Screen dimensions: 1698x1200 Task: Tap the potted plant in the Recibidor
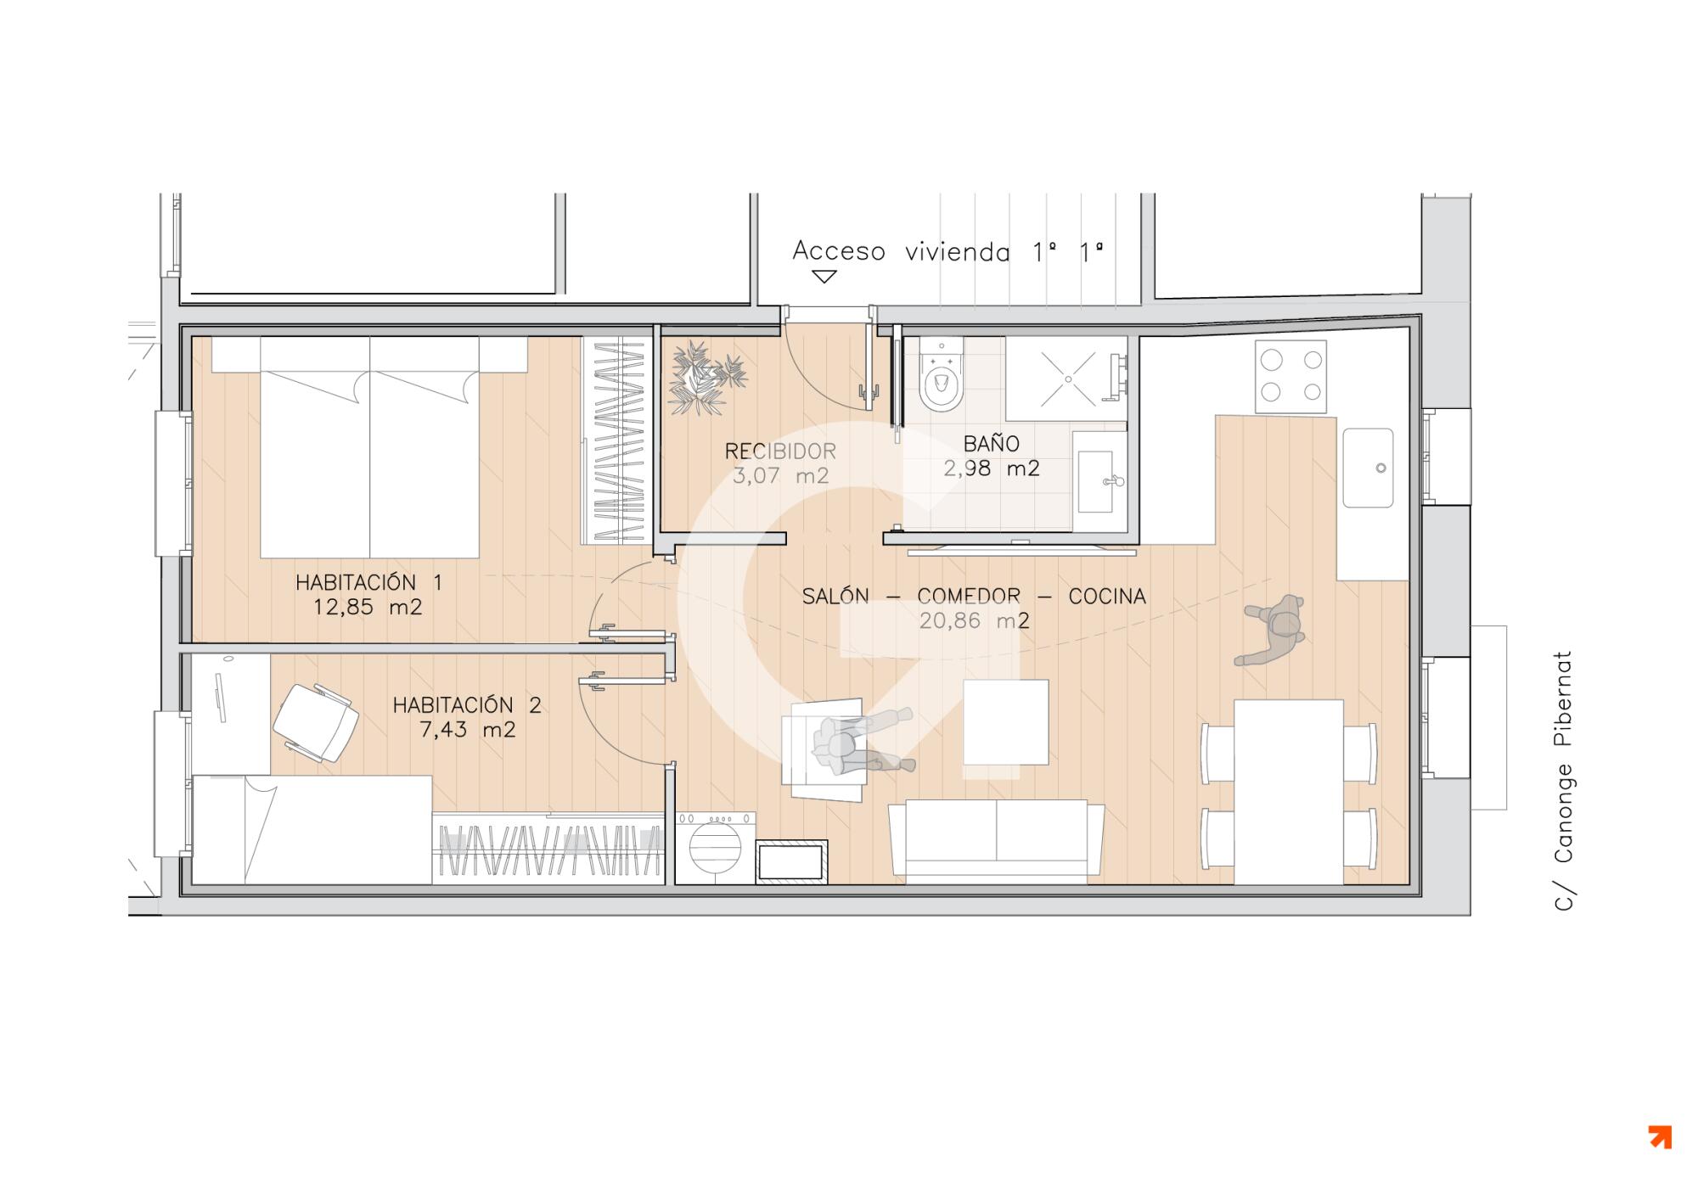point(706,379)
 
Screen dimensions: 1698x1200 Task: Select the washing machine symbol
point(715,848)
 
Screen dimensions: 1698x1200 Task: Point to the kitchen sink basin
point(1368,468)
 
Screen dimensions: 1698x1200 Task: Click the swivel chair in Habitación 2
point(316,722)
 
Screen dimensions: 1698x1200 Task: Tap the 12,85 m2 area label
point(368,608)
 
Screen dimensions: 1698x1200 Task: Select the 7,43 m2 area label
point(467,730)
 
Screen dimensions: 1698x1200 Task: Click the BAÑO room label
point(991,443)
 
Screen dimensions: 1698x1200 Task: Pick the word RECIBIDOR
point(780,451)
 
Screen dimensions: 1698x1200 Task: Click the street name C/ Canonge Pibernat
point(1563,782)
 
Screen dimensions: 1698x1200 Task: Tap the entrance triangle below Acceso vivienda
point(824,277)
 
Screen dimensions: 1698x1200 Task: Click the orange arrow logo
point(1660,1137)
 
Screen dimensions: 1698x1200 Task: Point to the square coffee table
point(1006,722)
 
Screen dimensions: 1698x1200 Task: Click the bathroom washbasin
point(1100,481)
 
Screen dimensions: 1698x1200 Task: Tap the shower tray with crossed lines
point(1067,379)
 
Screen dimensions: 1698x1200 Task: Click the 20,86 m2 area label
point(975,621)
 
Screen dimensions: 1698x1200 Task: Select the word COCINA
point(1107,597)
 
